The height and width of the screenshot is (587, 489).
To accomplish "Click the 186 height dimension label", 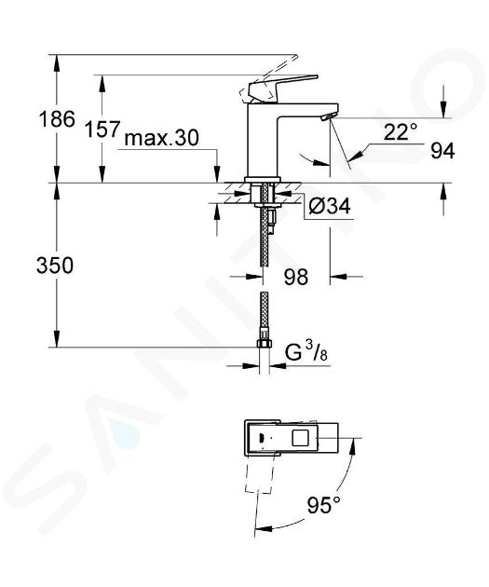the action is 57,119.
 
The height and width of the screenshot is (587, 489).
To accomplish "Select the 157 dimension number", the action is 102,130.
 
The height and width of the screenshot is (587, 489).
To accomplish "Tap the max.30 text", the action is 162,138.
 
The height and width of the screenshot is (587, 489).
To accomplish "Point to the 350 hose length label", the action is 55,266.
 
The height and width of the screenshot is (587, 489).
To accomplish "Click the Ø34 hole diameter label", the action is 330,206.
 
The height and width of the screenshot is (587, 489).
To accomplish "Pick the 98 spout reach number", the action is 296,277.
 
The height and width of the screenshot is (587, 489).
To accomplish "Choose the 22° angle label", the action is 401,131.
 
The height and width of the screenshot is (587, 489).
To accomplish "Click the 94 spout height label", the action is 442,151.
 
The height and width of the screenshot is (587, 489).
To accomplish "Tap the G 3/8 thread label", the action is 306,352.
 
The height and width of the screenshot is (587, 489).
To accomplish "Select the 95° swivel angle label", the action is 324,505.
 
